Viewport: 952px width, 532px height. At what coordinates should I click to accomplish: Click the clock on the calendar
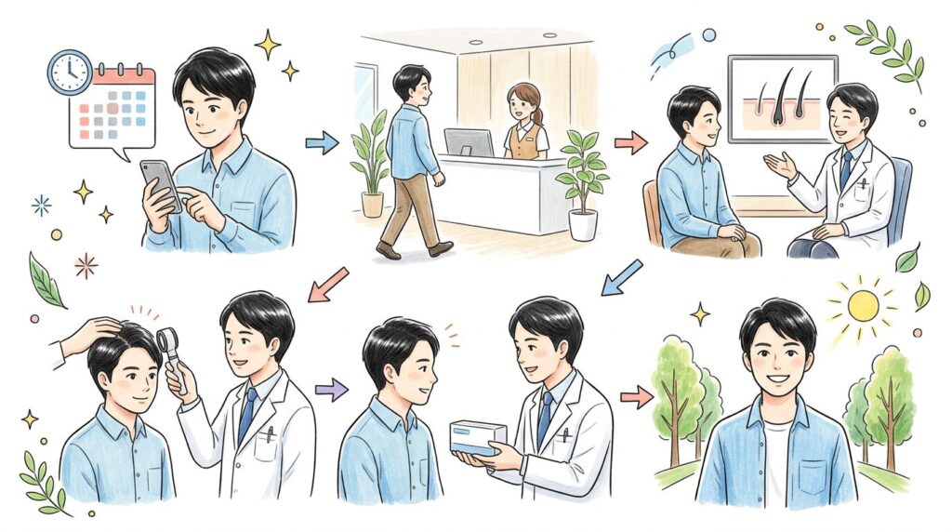click(x=71, y=73)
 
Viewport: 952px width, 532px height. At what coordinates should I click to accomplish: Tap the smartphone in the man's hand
click(x=160, y=184)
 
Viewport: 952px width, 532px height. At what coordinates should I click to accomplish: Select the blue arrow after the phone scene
click(x=322, y=142)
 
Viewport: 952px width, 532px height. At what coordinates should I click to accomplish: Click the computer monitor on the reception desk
click(x=468, y=141)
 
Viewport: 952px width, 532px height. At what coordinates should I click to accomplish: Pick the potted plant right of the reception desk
click(x=582, y=181)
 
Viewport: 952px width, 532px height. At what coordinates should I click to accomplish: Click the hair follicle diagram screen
click(x=782, y=100)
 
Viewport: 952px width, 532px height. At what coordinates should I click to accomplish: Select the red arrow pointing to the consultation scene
click(x=630, y=142)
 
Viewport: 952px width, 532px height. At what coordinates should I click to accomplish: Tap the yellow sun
click(x=862, y=305)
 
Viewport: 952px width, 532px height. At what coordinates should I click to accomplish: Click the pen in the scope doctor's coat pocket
click(x=270, y=434)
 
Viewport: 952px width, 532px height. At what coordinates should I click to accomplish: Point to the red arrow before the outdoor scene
click(x=637, y=396)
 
